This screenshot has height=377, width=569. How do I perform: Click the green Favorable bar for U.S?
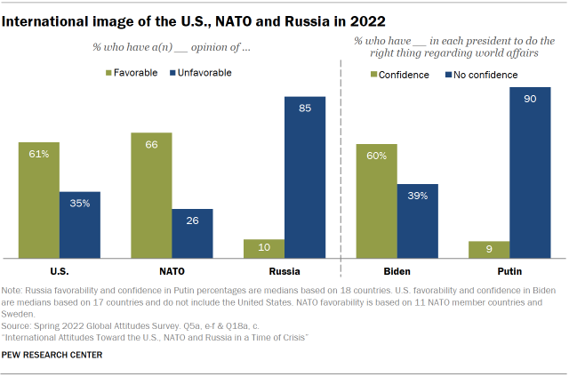[38, 200]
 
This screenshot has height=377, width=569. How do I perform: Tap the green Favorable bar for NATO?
[151, 196]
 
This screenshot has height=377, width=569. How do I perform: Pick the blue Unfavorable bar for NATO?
[192, 234]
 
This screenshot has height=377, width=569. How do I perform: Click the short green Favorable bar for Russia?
[264, 249]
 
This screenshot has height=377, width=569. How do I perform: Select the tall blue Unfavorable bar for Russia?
[305, 178]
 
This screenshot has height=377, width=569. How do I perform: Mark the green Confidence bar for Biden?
[376, 201]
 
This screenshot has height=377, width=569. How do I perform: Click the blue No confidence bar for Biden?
[418, 221]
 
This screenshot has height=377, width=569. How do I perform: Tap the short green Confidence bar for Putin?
[489, 250]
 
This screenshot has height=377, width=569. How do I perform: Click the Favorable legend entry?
[133, 73]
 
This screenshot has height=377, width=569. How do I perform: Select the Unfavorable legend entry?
[201, 73]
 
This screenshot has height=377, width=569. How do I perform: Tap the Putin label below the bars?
[509, 271]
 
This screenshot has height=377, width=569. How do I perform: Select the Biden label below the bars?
[397, 271]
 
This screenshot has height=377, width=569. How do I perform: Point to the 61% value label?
[38, 155]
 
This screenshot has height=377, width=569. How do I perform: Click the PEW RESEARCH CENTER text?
[52, 355]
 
